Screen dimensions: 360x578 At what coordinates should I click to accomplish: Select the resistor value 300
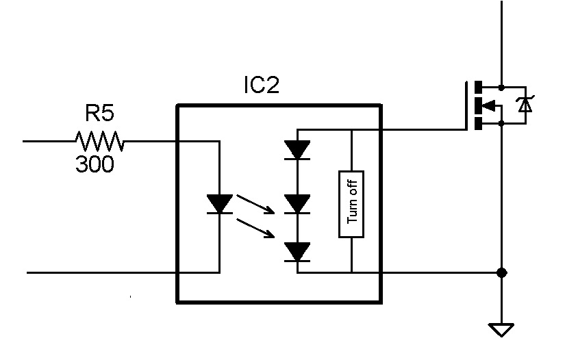[x=95, y=165]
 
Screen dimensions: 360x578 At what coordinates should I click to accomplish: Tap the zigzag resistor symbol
[x=99, y=142]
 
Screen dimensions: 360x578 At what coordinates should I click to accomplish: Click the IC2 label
[x=262, y=85]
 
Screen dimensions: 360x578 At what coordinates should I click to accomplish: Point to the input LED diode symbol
[x=219, y=203]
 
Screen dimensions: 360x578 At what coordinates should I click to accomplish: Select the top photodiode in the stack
[x=297, y=150]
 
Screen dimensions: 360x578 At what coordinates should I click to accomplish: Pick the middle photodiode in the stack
[x=297, y=203]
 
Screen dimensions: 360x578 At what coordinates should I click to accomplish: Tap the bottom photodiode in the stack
[x=297, y=253]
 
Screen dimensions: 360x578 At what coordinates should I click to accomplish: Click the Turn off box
[x=351, y=204]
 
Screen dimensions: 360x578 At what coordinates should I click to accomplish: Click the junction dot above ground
[x=501, y=272]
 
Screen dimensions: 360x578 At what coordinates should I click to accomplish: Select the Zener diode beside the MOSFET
[x=525, y=105]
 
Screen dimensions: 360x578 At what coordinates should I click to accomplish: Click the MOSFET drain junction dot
[x=501, y=87]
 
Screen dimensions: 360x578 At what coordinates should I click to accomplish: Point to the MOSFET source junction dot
[x=501, y=123]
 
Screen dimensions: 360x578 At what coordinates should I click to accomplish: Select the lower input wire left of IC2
[x=103, y=272]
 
